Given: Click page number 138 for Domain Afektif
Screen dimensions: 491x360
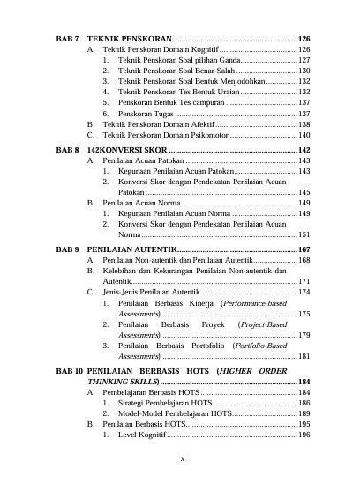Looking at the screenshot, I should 304,125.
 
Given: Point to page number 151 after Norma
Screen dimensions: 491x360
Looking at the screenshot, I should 304,235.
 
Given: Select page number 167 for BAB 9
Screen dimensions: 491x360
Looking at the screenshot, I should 304,250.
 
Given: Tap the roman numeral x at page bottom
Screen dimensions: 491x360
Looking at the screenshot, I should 181,459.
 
